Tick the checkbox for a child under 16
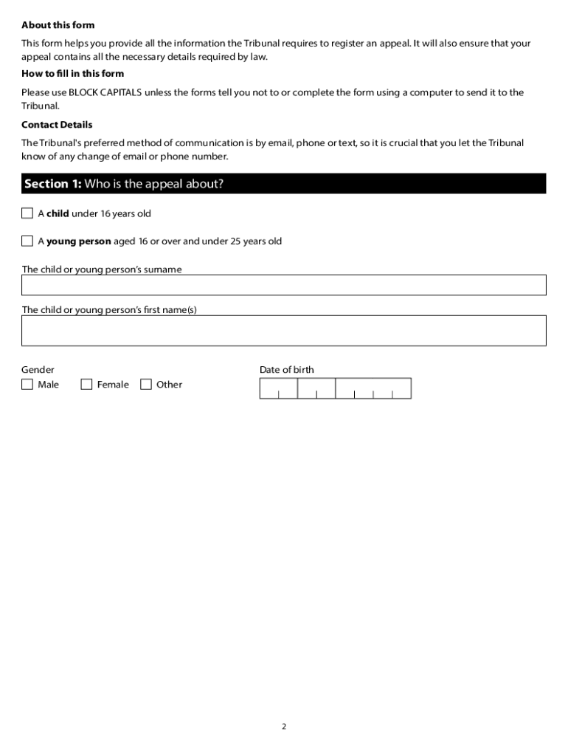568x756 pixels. point(27,213)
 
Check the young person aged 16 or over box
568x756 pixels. point(27,241)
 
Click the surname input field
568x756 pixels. point(284,285)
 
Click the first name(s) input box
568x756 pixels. point(284,331)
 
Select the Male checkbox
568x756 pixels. point(27,384)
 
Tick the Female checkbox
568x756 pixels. point(86,384)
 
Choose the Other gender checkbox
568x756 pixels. point(146,384)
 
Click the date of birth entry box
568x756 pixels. point(335,388)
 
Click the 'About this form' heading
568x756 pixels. point(58,25)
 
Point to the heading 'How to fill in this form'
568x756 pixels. point(72,74)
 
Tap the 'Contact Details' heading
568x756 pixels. point(57,125)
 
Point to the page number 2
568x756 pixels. point(284,726)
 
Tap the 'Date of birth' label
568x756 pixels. point(286,370)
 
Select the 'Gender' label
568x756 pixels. point(38,370)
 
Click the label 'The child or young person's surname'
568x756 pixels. point(102,269)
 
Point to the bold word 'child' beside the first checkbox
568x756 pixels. point(58,213)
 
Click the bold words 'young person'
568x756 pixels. point(79,241)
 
